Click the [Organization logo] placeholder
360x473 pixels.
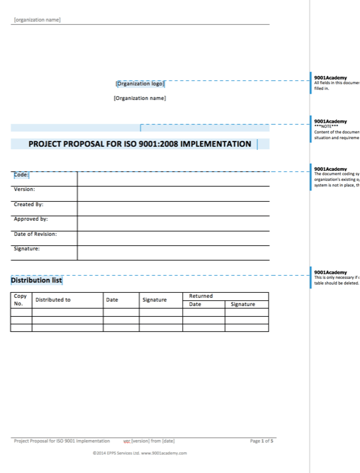click(x=140, y=83)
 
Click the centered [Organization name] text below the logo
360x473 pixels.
click(x=140, y=98)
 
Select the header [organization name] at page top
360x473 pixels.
click(x=37, y=20)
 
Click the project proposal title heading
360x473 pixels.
click(x=140, y=144)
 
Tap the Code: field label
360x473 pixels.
click(x=22, y=175)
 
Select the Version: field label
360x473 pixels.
click(x=25, y=189)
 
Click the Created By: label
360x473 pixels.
click(x=28, y=204)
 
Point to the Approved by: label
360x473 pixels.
click(x=31, y=219)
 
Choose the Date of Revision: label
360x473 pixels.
click(x=35, y=234)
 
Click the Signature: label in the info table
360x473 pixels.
click(x=27, y=249)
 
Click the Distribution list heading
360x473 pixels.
click(x=37, y=280)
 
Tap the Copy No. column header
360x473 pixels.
click(x=20, y=300)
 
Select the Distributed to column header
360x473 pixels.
click(x=53, y=300)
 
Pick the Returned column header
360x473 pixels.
click(x=201, y=296)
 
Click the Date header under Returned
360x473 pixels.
click(x=196, y=304)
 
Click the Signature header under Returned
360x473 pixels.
click(x=243, y=304)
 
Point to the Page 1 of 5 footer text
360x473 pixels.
click(x=262, y=441)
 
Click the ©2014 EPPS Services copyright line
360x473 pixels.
click(x=140, y=453)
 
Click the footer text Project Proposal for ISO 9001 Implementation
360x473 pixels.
click(x=62, y=441)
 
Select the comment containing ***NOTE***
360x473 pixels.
click(x=335, y=129)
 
